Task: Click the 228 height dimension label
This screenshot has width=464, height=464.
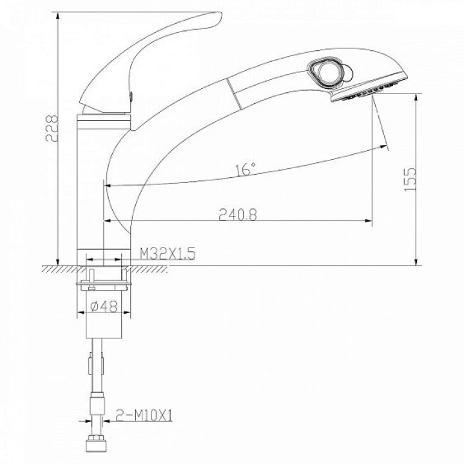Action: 52,128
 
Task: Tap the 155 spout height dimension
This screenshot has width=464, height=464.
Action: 410,179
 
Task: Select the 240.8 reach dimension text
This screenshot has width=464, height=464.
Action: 238,215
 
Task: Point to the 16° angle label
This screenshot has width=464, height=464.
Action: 246,169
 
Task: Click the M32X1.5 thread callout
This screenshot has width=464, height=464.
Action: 168,254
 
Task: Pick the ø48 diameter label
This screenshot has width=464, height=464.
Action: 104,306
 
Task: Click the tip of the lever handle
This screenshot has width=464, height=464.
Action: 220,14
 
